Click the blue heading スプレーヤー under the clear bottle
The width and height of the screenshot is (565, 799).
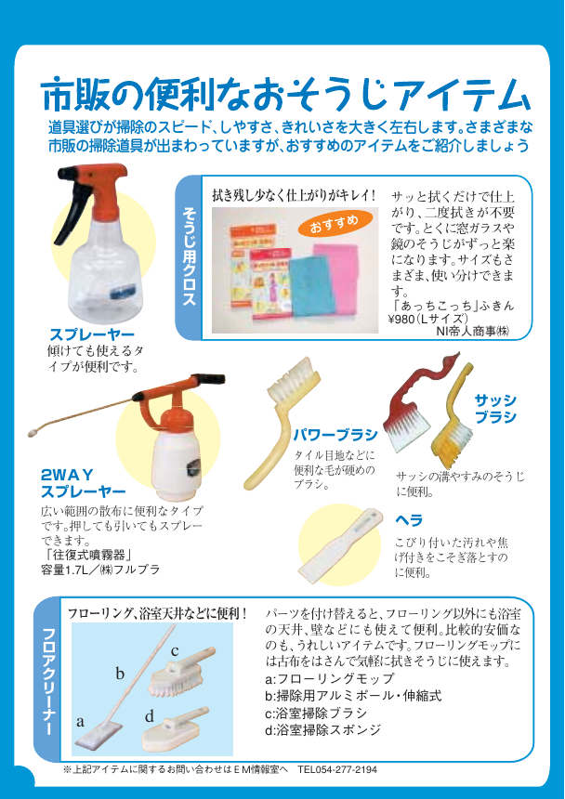[92, 334]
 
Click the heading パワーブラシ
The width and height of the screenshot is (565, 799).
[335, 434]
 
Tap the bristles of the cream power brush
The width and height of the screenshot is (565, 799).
[293, 373]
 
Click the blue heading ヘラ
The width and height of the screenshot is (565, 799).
[409, 520]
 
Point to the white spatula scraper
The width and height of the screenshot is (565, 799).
[340, 545]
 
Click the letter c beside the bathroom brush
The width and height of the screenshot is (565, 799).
[174, 650]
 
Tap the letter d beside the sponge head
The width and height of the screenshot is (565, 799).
[149, 717]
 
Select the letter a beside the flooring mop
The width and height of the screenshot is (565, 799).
[80, 722]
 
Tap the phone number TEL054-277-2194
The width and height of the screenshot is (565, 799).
[337, 769]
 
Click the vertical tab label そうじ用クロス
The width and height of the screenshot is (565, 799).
[189, 257]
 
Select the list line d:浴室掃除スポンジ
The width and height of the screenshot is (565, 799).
[322, 729]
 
